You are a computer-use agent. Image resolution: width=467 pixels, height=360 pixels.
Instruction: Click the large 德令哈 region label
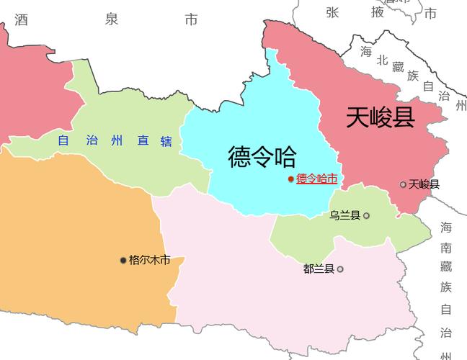tap(262, 156)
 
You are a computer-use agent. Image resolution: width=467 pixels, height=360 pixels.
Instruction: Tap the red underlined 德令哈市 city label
tap(316, 179)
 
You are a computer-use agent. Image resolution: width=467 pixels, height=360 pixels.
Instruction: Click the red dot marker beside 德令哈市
tap(290, 179)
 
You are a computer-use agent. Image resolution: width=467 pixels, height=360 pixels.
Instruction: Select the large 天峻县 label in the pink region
tap(380, 117)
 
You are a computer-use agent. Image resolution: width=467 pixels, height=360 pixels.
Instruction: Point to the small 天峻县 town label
tap(424, 184)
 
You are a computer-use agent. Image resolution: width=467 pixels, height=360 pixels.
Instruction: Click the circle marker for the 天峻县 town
tap(404, 184)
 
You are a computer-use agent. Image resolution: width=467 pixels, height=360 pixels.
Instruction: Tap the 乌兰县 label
tap(344, 215)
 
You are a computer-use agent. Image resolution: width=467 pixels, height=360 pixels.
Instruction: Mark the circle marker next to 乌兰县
tap(366, 215)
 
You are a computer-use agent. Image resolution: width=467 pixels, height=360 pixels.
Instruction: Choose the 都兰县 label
tap(319, 269)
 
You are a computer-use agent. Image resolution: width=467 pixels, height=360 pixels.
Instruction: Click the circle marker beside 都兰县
tap(340, 269)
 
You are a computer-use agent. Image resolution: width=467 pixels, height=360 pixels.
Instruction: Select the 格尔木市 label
tap(149, 260)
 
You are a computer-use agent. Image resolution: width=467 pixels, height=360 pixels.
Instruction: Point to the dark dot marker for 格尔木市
tap(123, 260)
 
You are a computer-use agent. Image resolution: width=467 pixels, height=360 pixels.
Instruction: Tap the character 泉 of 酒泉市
tap(111, 19)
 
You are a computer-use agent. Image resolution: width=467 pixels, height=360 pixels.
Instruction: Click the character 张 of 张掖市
tap(332, 12)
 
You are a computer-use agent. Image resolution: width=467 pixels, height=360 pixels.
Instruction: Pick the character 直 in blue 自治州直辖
tap(143, 141)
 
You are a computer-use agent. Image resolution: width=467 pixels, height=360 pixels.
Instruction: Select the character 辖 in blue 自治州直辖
tap(166, 141)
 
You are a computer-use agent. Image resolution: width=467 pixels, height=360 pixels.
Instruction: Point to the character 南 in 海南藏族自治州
tap(446, 248)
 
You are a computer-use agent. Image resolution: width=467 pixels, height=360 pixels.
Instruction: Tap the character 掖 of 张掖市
tap(378, 12)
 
